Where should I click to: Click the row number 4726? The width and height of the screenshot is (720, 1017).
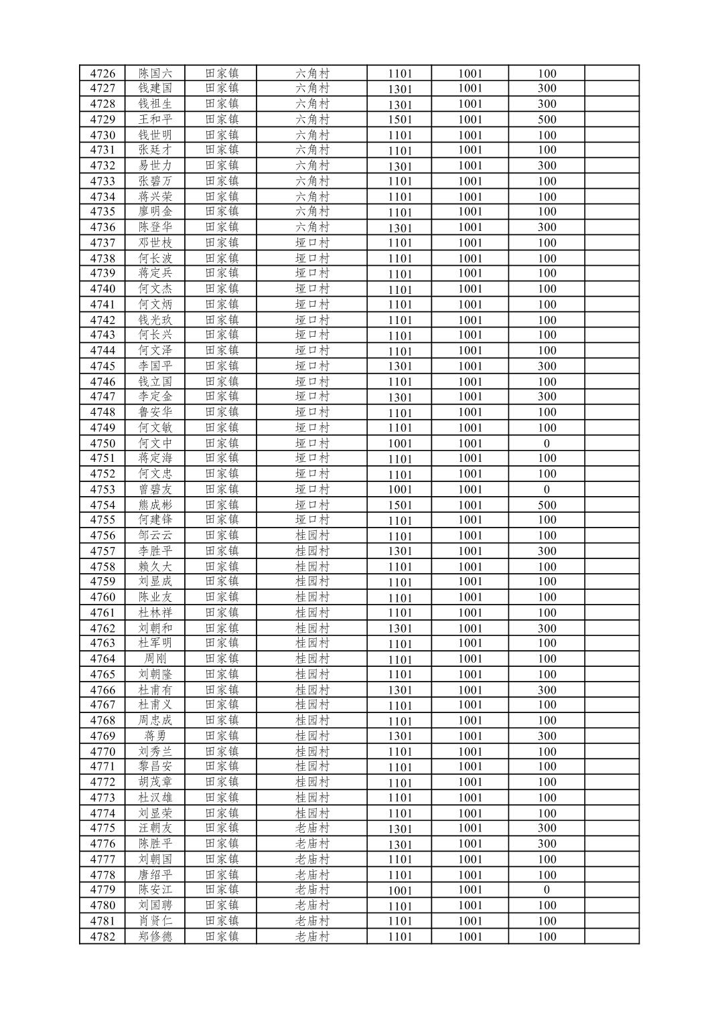tap(102, 74)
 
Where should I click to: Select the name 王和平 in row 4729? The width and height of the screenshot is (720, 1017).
tap(155, 119)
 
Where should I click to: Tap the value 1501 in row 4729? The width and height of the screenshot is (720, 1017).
tap(400, 120)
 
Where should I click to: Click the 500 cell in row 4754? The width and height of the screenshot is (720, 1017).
tap(547, 505)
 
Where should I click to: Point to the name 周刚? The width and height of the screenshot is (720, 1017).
tap(155, 659)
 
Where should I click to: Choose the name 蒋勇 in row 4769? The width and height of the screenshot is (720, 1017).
tap(155, 736)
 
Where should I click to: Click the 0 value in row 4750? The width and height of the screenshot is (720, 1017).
tap(547, 443)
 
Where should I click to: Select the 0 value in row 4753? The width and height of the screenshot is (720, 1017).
tap(547, 489)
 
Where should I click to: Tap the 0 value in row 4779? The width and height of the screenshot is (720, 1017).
tap(547, 890)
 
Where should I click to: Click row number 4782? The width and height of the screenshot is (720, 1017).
tap(102, 937)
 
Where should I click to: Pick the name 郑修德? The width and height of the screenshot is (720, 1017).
tap(155, 937)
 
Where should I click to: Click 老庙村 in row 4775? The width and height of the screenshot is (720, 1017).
tap(312, 828)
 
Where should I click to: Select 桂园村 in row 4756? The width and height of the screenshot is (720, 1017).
tap(312, 536)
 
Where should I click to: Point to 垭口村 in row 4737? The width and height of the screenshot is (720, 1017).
tap(312, 243)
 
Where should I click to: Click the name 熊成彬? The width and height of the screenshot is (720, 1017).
tap(155, 505)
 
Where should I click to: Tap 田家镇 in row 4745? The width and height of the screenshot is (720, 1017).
tap(222, 366)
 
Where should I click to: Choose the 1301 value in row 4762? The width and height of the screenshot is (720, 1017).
tap(400, 629)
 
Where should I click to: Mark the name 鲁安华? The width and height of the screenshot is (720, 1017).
tap(155, 412)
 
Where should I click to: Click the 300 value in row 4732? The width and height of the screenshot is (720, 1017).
tap(547, 165)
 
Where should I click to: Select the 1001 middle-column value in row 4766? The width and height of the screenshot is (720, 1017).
tap(470, 690)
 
